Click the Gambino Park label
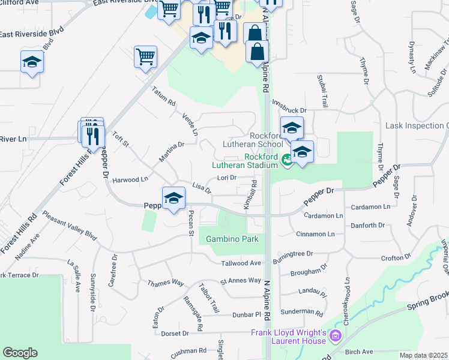click(232, 239)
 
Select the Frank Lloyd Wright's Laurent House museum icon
click(335, 336)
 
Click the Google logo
click(20, 353)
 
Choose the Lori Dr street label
click(226, 178)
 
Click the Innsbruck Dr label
click(289, 111)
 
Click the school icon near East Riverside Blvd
click(32, 61)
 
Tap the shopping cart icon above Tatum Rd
click(145, 57)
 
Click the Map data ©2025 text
click(423, 355)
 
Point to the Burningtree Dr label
click(292, 254)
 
